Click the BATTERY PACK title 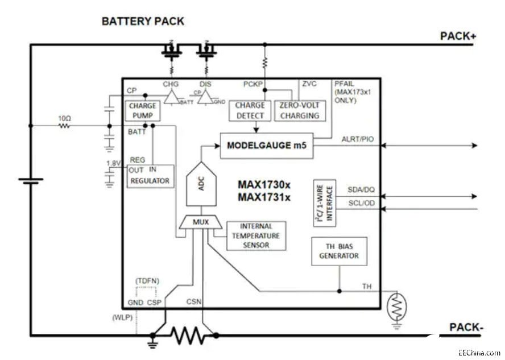(x=143, y=21)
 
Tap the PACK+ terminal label (x=458, y=36)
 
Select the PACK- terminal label (x=466, y=328)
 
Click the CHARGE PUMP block (x=142, y=110)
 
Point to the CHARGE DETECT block (x=250, y=110)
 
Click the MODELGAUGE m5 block (x=267, y=146)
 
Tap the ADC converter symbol (x=202, y=185)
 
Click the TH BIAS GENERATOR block (x=339, y=251)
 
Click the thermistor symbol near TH (x=396, y=308)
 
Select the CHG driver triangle (x=170, y=98)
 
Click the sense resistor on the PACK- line (x=187, y=336)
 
